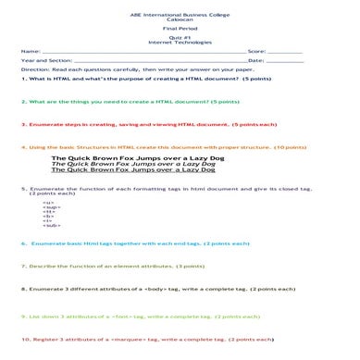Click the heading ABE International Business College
click(180, 16)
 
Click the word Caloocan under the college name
click(180, 22)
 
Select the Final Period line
click(180, 31)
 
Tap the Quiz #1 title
click(180, 40)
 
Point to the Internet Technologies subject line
click(180, 45)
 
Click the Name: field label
click(30, 52)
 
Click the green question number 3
click(21, 122)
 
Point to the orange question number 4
click(21, 147)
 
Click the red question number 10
click(23, 341)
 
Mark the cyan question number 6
click(22, 243)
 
